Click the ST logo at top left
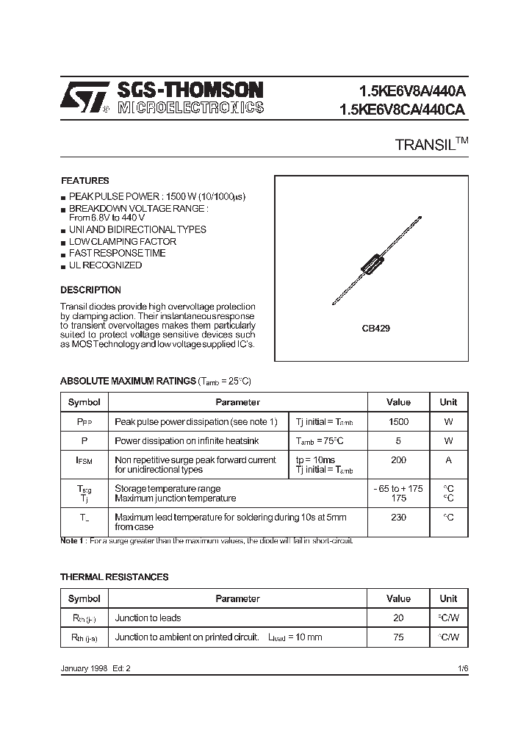point(84,97)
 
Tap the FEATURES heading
point(84,181)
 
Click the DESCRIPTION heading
point(90,290)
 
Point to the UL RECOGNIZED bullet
point(105,265)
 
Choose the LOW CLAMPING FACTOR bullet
point(122,241)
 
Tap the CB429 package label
point(375,329)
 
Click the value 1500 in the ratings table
point(398,422)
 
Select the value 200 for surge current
point(398,460)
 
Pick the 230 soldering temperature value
point(398,518)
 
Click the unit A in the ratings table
point(448,460)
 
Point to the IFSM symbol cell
point(84,461)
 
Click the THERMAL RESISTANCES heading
point(114,577)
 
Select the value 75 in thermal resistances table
point(398,637)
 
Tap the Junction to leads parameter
point(148,618)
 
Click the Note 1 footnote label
point(72,541)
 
